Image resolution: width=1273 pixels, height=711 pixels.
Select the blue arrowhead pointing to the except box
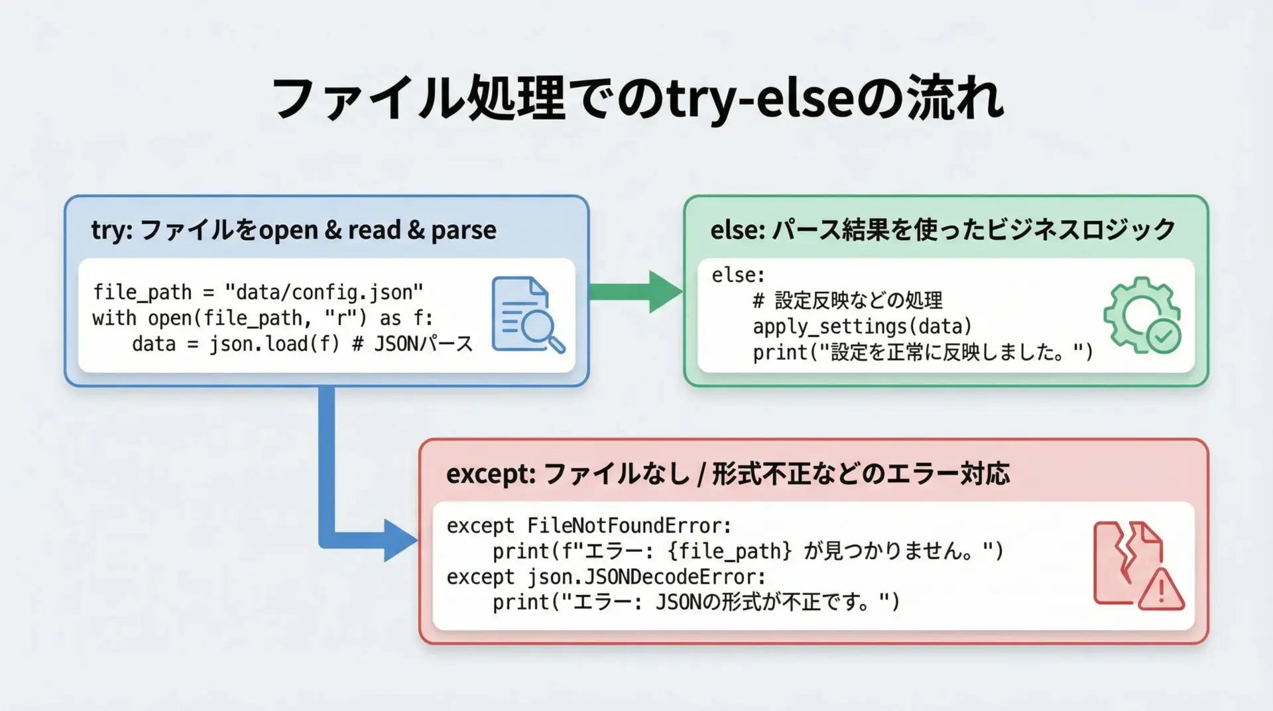click(399, 541)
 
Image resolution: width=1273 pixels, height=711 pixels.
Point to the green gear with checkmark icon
click(1142, 315)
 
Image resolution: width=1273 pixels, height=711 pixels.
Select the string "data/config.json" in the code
click(324, 292)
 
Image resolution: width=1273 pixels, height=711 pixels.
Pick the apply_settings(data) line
click(862, 326)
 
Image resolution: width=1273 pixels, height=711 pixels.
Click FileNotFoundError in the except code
click(629, 526)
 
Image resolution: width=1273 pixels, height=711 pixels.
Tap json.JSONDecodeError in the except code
click(646, 577)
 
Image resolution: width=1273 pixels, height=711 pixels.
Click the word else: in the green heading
click(737, 230)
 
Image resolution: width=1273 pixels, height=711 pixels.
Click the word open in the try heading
click(288, 230)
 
